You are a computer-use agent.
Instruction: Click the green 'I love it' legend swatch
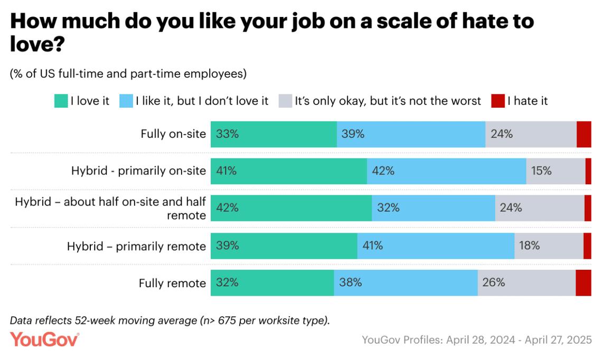(61, 101)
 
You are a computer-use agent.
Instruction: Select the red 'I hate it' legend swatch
(498, 101)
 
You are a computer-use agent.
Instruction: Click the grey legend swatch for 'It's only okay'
(285, 101)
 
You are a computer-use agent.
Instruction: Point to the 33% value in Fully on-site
(228, 134)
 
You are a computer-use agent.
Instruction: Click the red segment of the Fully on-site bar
(584, 134)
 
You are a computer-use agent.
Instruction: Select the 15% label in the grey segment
(541, 171)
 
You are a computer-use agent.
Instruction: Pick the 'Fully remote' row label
(172, 283)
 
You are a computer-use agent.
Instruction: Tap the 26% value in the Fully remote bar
(494, 282)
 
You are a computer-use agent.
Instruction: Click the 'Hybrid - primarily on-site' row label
(138, 171)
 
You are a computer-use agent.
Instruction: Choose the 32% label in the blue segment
(388, 208)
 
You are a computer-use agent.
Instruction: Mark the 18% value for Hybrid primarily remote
(529, 245)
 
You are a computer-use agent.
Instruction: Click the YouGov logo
(44, 339)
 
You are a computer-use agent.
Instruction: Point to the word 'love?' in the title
(37, 45)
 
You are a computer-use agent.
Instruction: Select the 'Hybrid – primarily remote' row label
(136, 247)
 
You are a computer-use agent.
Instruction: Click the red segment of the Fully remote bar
(583, 282)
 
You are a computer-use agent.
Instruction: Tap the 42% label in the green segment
(228, 208)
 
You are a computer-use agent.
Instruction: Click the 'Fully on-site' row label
(173, 134)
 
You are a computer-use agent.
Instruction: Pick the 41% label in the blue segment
(372, 245)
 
